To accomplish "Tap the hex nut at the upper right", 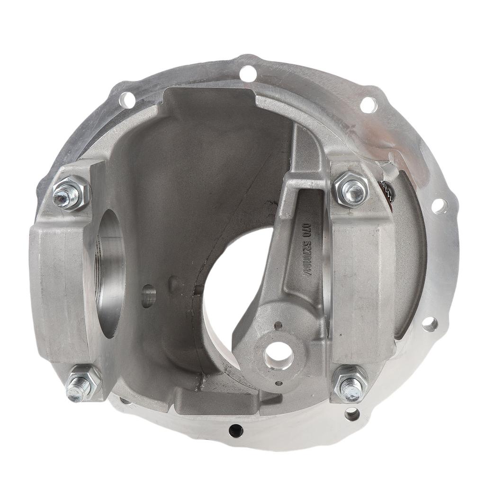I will tap(351, 189).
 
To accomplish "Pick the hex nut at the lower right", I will tap(350, 383).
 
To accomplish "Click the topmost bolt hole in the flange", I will tap(248, 73).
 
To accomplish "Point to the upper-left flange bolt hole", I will tap(127, 100).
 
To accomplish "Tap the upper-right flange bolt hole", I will tap(368, 105).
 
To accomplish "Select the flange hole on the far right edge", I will tap(439, 206).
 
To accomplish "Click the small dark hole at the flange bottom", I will tap(235, 431).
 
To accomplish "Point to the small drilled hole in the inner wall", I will tap(148, 296).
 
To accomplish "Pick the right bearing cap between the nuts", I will tap(362, 284).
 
